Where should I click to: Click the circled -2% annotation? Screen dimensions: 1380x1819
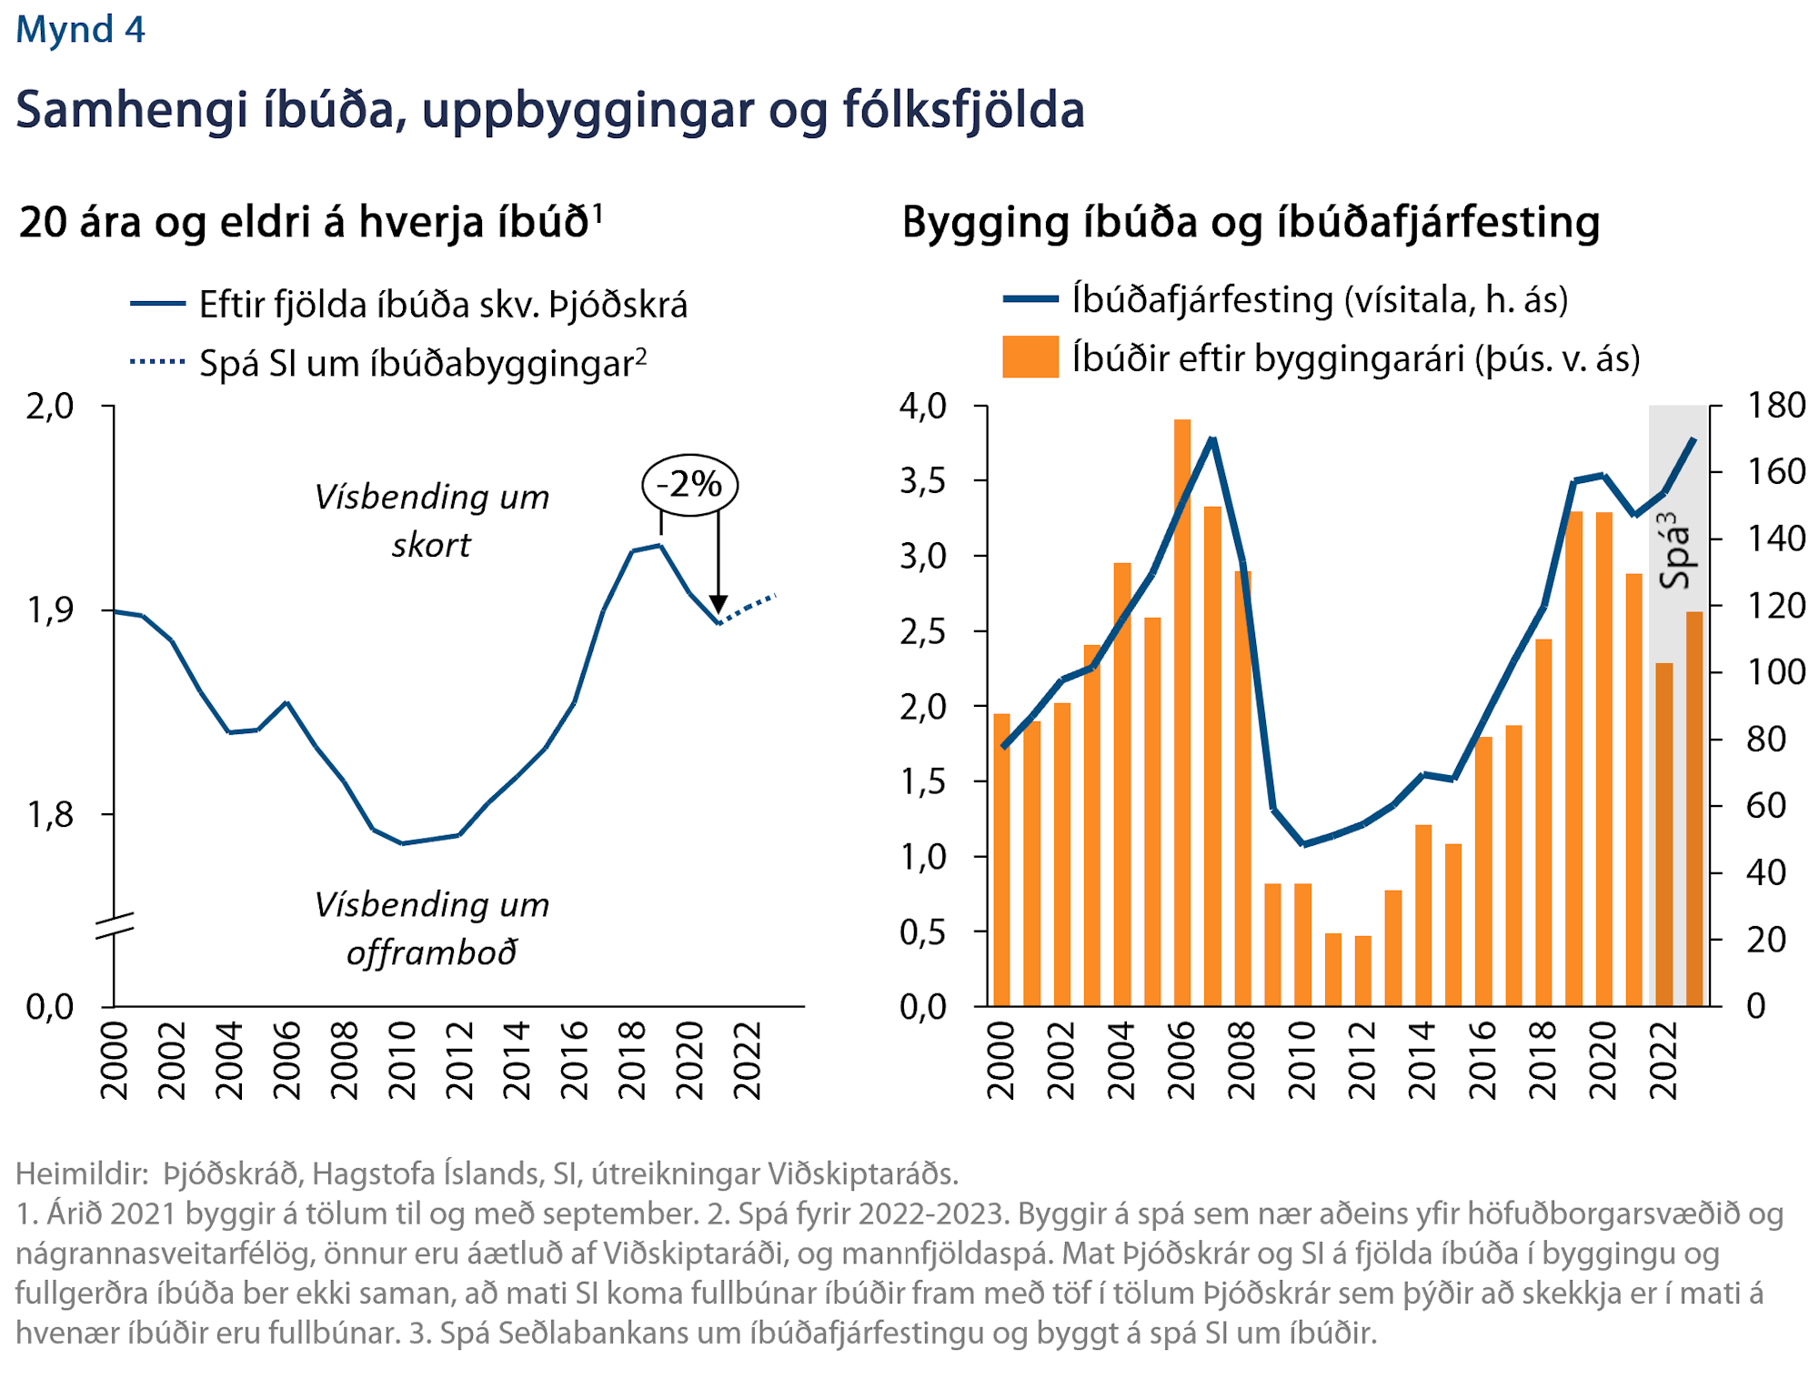coord(689,485)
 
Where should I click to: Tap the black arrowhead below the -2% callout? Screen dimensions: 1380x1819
coord(719,604)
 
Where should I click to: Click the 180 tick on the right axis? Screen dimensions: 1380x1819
coord(1775,406)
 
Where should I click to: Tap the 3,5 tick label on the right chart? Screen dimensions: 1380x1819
coord(923,481)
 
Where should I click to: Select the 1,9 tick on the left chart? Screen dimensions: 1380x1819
coord(50,610)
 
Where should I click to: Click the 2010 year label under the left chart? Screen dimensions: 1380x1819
coord(402,1060)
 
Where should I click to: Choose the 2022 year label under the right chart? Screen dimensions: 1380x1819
coord(1663,1060)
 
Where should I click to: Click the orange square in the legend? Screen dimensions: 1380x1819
coord(1030,357)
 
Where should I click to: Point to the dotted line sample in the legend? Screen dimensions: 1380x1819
coord(157,362)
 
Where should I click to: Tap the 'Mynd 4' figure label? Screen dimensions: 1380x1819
coord(80,29)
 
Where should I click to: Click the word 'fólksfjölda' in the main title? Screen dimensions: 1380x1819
coord(963,110)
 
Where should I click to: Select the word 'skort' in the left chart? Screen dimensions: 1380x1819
coord(431,545)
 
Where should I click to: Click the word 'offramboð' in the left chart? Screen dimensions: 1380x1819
coord(431,952)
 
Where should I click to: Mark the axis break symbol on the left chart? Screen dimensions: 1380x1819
coord(115,924)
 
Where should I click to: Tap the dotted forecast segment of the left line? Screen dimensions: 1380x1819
coord(748,608)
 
